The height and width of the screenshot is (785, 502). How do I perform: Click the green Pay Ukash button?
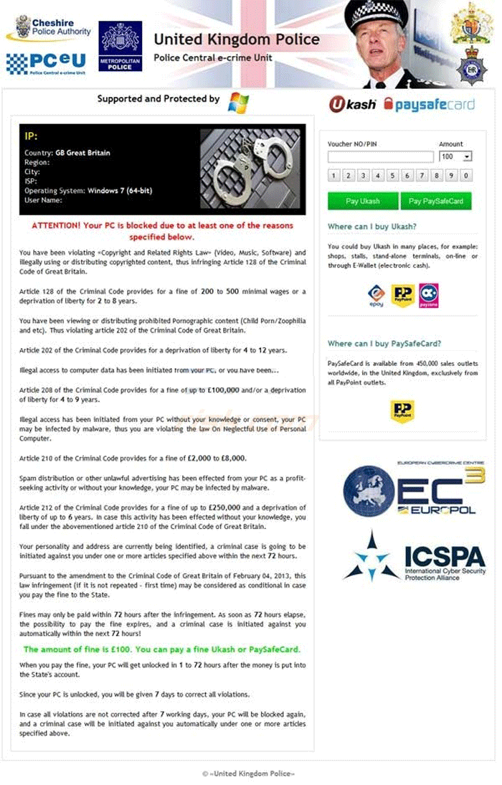point(363,201)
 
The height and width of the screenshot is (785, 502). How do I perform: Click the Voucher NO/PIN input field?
point(381,156)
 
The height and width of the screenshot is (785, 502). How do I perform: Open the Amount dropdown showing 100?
point(455,156)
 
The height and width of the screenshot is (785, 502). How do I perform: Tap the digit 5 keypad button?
point(393,175)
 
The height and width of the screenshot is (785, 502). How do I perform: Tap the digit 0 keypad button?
point(466,175)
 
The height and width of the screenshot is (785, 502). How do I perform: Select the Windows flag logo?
point(238,102)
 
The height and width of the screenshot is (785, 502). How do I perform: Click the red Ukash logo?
point(352,104)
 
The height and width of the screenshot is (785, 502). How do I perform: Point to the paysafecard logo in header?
point(429,104)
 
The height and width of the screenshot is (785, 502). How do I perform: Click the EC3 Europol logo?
point(414,490)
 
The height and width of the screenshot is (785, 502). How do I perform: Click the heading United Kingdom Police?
point(237,39)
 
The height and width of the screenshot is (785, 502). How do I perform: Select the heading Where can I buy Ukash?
point(371,227)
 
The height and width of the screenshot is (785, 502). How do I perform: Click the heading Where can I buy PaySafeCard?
point(384,344)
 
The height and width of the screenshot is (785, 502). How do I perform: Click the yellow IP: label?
point(31,136)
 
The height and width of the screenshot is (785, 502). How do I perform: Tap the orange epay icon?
point(376,295)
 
